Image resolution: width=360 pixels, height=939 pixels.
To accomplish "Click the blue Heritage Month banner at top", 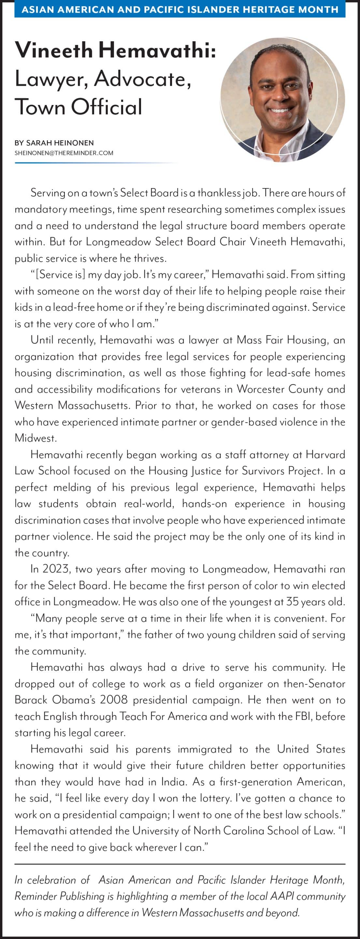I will [180, 9].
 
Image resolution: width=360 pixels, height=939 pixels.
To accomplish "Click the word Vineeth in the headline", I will [54, 50].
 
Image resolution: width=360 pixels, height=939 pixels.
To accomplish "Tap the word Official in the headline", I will [107, 107].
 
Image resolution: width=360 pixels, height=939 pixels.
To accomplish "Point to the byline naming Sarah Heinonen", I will [54, 143].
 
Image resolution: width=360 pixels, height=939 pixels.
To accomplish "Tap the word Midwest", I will [35, 438].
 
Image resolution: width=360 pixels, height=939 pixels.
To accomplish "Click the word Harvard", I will [325, 455].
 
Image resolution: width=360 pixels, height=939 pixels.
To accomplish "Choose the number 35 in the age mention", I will [292, 602].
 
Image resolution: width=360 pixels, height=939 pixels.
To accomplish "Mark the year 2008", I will [114, 700].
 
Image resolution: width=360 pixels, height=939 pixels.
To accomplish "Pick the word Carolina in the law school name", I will [244, 831].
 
